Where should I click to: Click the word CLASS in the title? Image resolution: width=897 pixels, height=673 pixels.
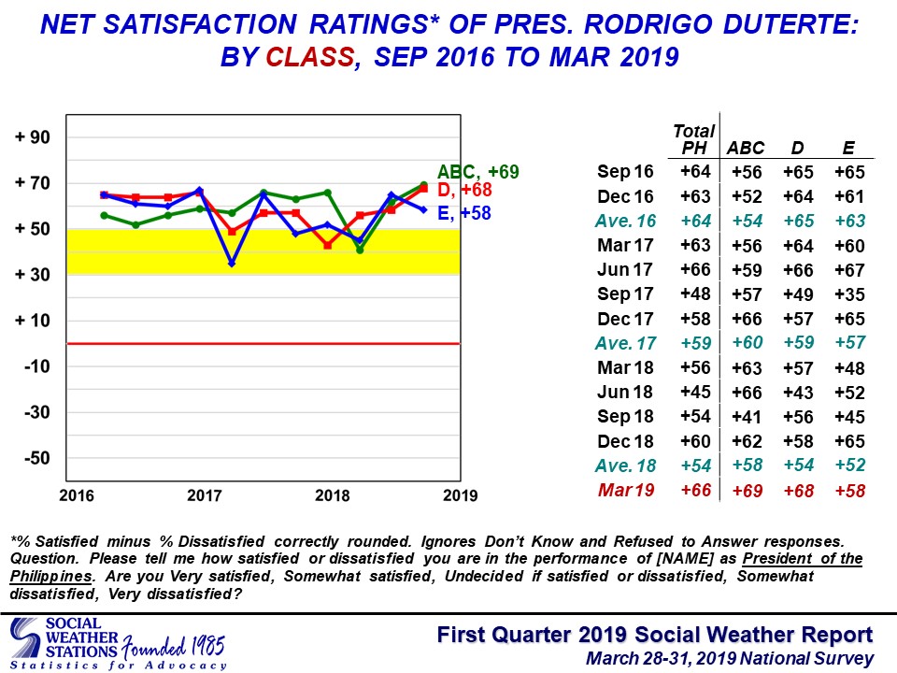tap(310, 57)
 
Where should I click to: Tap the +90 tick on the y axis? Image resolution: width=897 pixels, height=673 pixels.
tap(33, 137)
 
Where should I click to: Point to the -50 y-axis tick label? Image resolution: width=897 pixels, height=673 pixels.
tap(37, 458)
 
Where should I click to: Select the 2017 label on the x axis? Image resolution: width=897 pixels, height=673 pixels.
tap(205, 495)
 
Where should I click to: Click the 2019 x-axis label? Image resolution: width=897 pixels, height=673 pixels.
tap(460, 495)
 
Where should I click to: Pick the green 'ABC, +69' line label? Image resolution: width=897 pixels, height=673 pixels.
tap(478, 172)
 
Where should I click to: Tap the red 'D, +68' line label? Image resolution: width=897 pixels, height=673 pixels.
tap(464, 190)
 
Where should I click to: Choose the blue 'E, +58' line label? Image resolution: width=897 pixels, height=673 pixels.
tap(464, 213)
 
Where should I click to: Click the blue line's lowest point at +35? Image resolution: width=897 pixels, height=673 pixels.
tap(232, 264)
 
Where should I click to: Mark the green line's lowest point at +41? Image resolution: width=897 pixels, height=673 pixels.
tap(360, 251)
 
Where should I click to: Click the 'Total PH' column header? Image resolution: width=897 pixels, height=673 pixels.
tap(694, 139)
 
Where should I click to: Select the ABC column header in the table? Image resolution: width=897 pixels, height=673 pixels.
tap(746, 149)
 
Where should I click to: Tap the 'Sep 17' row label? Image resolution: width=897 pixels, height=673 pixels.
tap(625, 294)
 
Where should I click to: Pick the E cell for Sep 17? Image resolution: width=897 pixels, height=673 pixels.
tap(849, 294)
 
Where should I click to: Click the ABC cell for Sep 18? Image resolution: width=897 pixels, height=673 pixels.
tap(747, 417)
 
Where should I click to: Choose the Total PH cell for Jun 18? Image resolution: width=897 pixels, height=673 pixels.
tap(695, 392)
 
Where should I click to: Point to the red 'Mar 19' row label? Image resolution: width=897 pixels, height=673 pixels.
tap(626, 491)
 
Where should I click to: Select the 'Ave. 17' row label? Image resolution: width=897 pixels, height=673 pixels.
tap(625, 343)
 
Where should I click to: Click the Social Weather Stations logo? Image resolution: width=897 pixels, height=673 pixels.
tap(118, 643)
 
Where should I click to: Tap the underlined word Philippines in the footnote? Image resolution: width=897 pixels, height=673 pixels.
tap(51, 577)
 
